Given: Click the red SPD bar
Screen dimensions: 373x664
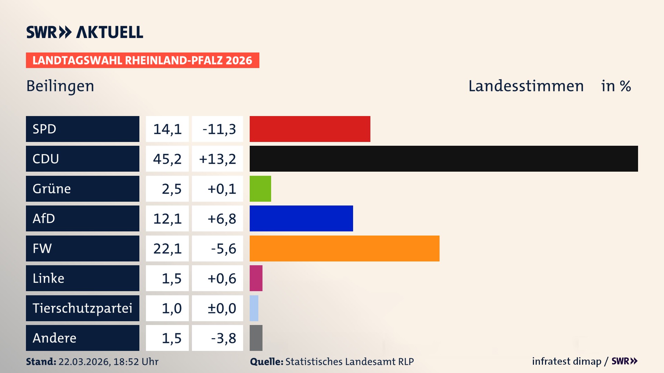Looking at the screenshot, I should coord(310,129).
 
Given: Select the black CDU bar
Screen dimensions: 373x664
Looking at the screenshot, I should coord(444,159).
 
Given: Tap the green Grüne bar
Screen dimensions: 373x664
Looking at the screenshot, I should coord(260,189).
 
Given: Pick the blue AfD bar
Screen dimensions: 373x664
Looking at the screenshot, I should coord(301,218).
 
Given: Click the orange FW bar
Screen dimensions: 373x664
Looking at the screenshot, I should coord(344,248).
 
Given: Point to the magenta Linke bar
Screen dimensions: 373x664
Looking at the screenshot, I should coord(256,278).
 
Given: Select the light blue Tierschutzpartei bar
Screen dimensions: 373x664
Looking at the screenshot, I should coord(254,308).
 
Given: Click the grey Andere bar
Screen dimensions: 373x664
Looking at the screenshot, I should coord(256,338).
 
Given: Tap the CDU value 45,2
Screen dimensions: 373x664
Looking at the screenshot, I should coord(167,159).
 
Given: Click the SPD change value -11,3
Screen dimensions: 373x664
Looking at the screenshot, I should coord(219,129).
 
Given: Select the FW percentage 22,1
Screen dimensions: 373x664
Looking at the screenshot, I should coord(167,248).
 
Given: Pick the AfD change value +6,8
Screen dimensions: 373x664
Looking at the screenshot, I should coord(222,219).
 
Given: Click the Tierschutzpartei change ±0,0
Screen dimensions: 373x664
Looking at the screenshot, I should coord(222,308).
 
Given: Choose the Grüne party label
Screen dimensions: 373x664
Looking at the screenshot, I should coord(52,189).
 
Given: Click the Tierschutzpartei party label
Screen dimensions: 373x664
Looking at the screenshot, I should coord(82,308).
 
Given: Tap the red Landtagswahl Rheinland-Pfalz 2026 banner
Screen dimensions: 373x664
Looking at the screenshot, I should coord(142,60).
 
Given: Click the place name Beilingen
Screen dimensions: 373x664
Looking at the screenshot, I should coord(60,86).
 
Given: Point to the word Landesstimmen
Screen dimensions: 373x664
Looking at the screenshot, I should coord(526,86).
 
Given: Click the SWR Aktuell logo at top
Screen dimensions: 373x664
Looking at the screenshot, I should coord(85,32).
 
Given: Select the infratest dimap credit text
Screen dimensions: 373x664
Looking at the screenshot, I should coord(566,361).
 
